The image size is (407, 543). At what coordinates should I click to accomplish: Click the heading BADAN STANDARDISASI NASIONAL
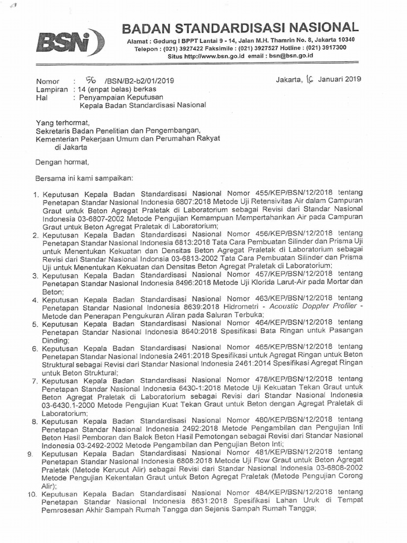pos(240,27)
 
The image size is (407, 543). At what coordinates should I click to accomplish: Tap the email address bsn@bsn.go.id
pos(290,55)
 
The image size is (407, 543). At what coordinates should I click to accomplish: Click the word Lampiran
pos(52,90)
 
